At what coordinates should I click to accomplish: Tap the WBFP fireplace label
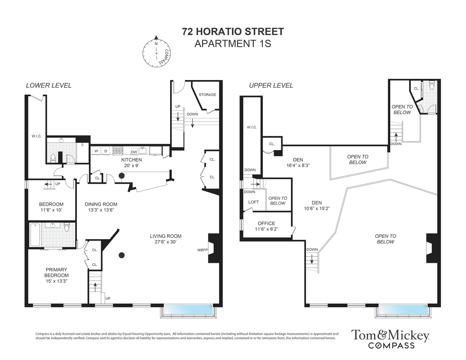(x=202, y=250)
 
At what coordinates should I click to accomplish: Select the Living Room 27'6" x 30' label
(x=165, y=239)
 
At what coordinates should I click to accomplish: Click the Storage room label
(x=207, y=94)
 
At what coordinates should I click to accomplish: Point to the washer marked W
(x=96, y=151)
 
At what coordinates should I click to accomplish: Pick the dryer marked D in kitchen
(x=106, y=151)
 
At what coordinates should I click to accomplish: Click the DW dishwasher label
(x=134, y=152)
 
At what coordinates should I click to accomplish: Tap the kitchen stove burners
(x=118, y=151)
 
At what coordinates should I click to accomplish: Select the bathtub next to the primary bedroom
(x=35, y=235)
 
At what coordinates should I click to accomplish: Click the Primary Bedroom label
(x=56, y=275)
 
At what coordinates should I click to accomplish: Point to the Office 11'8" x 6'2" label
(x=266, y=226)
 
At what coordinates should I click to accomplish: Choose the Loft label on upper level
(x=254, y=202)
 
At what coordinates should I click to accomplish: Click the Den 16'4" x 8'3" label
(x=298, y=163)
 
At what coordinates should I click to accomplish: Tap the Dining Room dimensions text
(x=101, y=210)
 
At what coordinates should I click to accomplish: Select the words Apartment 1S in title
(x=233, y=44)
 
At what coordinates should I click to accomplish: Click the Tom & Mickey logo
(x=390, y=339)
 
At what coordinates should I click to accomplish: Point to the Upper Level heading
(x=271, y=85)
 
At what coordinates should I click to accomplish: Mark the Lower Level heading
(x=49, y=85)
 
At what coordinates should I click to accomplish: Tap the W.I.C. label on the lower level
(x=37, y=136)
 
